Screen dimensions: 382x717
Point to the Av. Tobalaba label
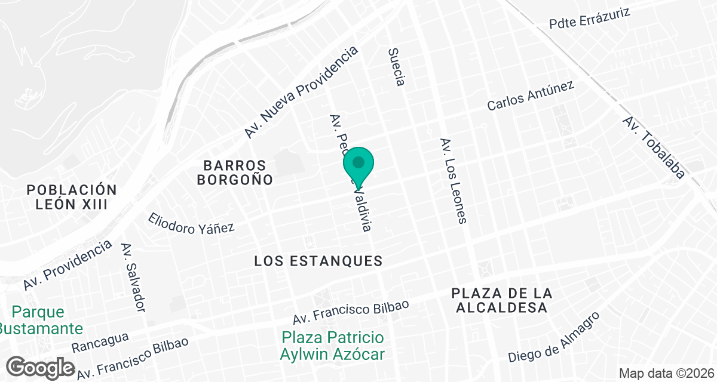pos(654,147)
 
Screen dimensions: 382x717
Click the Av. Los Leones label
pos(453,181)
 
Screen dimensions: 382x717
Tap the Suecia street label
pos(396,66)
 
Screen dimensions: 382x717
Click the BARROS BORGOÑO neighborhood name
pos(238,172)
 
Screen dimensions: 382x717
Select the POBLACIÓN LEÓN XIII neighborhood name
pos(72,197)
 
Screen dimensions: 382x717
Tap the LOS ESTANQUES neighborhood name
pos(318,261)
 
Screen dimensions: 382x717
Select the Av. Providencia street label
pos(68,266)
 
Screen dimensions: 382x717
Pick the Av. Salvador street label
pos(133,277)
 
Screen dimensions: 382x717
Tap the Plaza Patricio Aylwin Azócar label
pos(332,346)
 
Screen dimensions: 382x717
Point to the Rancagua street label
pos(100,342)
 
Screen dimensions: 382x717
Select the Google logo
pos(41,367)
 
